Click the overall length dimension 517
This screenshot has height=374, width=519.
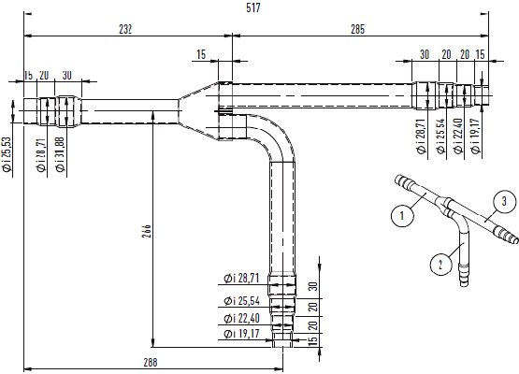253,7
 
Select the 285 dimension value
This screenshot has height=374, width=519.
358,30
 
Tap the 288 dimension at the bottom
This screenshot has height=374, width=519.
151,363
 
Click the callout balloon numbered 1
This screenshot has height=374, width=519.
402,216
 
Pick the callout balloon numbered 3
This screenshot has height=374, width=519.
504,201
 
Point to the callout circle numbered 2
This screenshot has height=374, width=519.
440,265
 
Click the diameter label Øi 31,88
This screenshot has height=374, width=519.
60,154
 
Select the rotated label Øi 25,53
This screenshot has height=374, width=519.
7,154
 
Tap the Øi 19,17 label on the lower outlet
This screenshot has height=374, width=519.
241,334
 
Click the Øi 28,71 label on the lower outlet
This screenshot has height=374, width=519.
241,279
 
